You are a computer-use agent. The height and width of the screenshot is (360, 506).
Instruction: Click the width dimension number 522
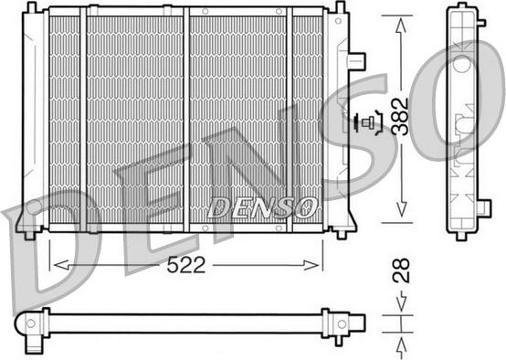186,265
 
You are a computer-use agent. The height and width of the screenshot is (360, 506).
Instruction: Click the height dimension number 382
400,116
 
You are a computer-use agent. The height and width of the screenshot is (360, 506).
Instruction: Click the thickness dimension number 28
400,270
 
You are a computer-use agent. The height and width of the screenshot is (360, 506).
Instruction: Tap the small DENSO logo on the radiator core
262,207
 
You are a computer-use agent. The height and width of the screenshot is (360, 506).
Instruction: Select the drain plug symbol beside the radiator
368,122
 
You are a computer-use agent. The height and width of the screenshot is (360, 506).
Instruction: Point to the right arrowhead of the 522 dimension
311,265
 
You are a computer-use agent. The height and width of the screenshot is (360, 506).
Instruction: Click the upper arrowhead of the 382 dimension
401,26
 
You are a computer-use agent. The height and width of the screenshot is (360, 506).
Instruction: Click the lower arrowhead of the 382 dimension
401,209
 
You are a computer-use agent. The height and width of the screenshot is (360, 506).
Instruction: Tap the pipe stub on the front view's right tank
356,61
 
